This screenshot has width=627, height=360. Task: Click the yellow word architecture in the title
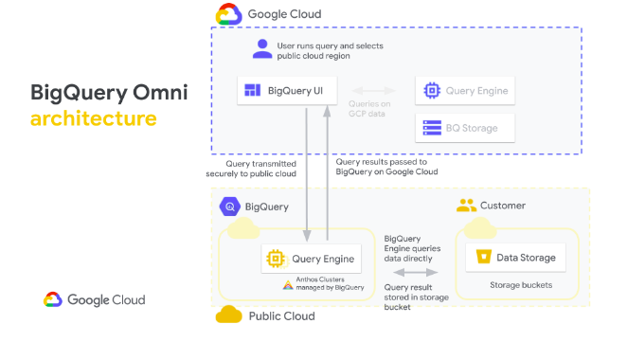tap(94, 119)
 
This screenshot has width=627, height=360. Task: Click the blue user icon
tap(262, 48)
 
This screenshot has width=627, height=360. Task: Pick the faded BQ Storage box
tap(465, 126)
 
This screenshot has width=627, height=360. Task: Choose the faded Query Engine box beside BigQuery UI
tap(465, 91)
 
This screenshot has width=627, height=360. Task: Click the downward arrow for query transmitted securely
tap(307, 176)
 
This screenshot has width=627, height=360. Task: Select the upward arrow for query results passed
tap(327, 176)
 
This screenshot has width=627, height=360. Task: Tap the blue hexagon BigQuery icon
tap(228, 207)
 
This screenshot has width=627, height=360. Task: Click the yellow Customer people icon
tap(465, 206)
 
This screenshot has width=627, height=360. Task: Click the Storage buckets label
tap(522, 284)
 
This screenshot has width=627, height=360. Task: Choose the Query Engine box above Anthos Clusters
tap(312, 258)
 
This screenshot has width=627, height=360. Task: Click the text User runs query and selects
tap(331, 45)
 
